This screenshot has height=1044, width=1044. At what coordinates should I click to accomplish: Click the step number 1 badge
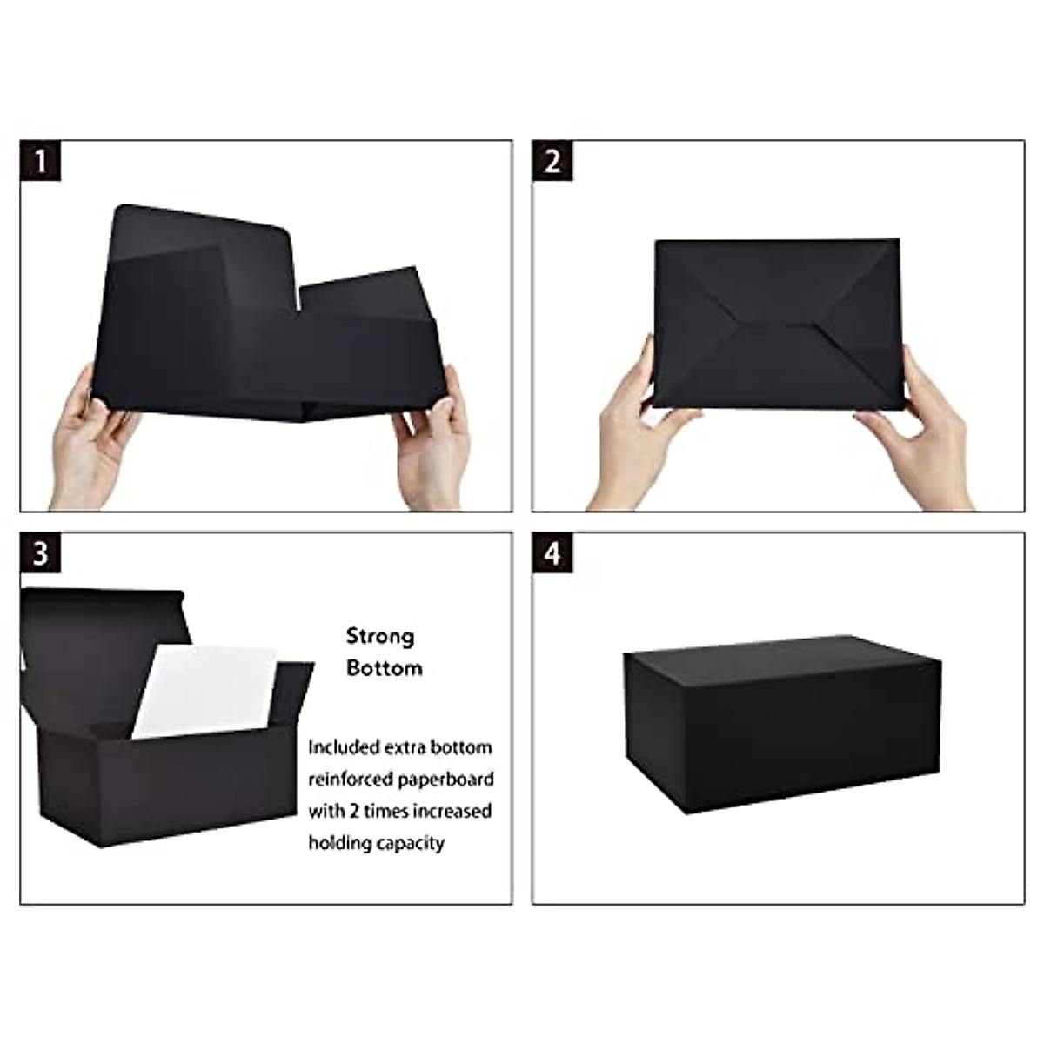(41, 161)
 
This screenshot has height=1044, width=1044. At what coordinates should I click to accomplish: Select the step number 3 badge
(41, 553)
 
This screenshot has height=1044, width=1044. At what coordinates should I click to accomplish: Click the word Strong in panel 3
(380, 636)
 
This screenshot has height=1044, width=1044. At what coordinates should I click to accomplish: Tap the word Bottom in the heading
(384, 668)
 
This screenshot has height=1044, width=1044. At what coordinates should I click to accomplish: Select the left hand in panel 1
(91, 444)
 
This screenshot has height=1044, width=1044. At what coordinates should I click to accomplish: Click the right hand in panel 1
(432, 439)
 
